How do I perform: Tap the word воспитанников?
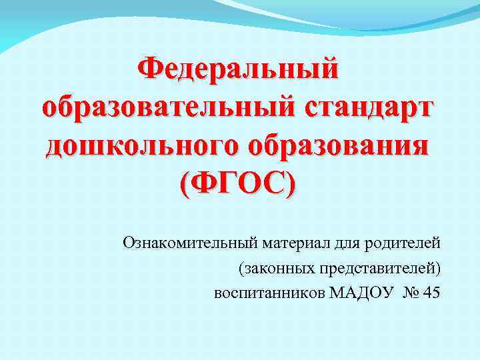[x=270, y=293]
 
